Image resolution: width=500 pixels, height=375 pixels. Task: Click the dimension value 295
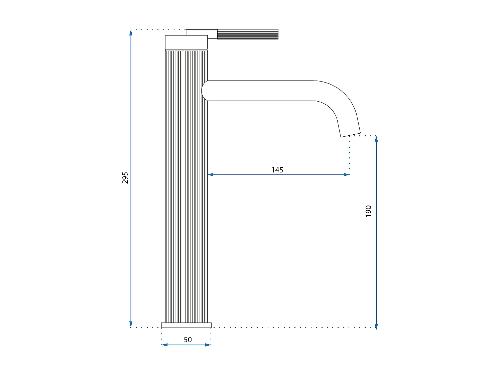click(x=125, y=178)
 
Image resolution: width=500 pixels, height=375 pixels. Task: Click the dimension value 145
click(x=277, y=170)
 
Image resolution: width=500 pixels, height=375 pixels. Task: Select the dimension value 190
click(x=368, y=211)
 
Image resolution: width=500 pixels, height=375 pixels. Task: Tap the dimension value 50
click(x=187, y=340)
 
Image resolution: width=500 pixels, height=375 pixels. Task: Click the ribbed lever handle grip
click(x=248, y=34)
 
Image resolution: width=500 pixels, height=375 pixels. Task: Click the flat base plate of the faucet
click(x=186, y=325)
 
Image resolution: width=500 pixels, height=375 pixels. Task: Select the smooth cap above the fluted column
click(x=186, y=42)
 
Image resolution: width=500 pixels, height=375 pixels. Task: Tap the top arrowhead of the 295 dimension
click(x=131, y=32)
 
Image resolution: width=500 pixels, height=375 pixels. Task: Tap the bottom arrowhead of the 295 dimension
click(x=131, y=325)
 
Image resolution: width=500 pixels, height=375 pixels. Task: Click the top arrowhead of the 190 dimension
click(x=376, y=139)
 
